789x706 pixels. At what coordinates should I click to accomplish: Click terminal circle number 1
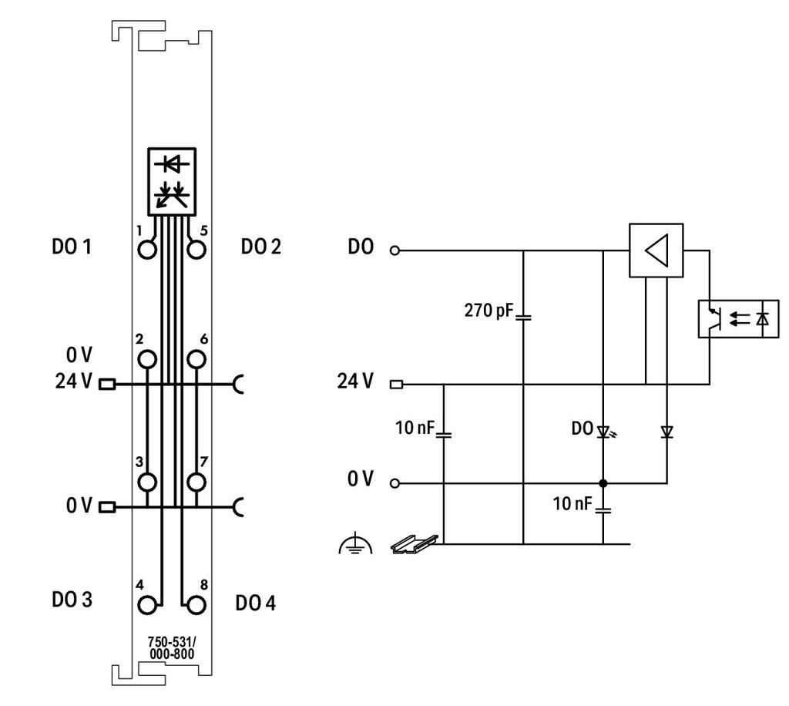(147, 250)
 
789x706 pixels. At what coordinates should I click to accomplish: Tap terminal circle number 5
(196, 250)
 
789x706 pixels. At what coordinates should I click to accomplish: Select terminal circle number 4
(147, 605)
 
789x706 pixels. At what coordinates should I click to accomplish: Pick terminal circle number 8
(196, 605)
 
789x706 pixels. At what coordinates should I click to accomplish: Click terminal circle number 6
(196, 360)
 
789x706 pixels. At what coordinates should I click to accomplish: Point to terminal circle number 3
(147, 482)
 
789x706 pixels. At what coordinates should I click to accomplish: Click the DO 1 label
(72, 247)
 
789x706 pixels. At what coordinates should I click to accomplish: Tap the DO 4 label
(256, 603)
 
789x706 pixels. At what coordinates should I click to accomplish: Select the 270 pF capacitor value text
(488, 311)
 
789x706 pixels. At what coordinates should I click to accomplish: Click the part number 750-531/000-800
(172, 648)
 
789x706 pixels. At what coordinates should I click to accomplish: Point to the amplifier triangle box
(656, 250)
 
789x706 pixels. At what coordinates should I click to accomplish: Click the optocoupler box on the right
(738, 318)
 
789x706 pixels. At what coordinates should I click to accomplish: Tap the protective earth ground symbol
(356, 543)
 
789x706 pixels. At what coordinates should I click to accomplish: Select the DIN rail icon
(415, 544)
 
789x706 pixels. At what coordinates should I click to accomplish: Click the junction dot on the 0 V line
(603, 483)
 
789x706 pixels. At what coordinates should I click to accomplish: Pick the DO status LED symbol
(606, 432)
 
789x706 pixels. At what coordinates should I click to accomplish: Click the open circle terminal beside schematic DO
(395, 250)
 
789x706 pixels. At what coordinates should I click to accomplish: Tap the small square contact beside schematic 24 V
(397, 385)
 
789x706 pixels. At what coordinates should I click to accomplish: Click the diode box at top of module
(172, 182)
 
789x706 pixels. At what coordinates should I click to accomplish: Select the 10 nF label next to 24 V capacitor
(415, 428)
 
